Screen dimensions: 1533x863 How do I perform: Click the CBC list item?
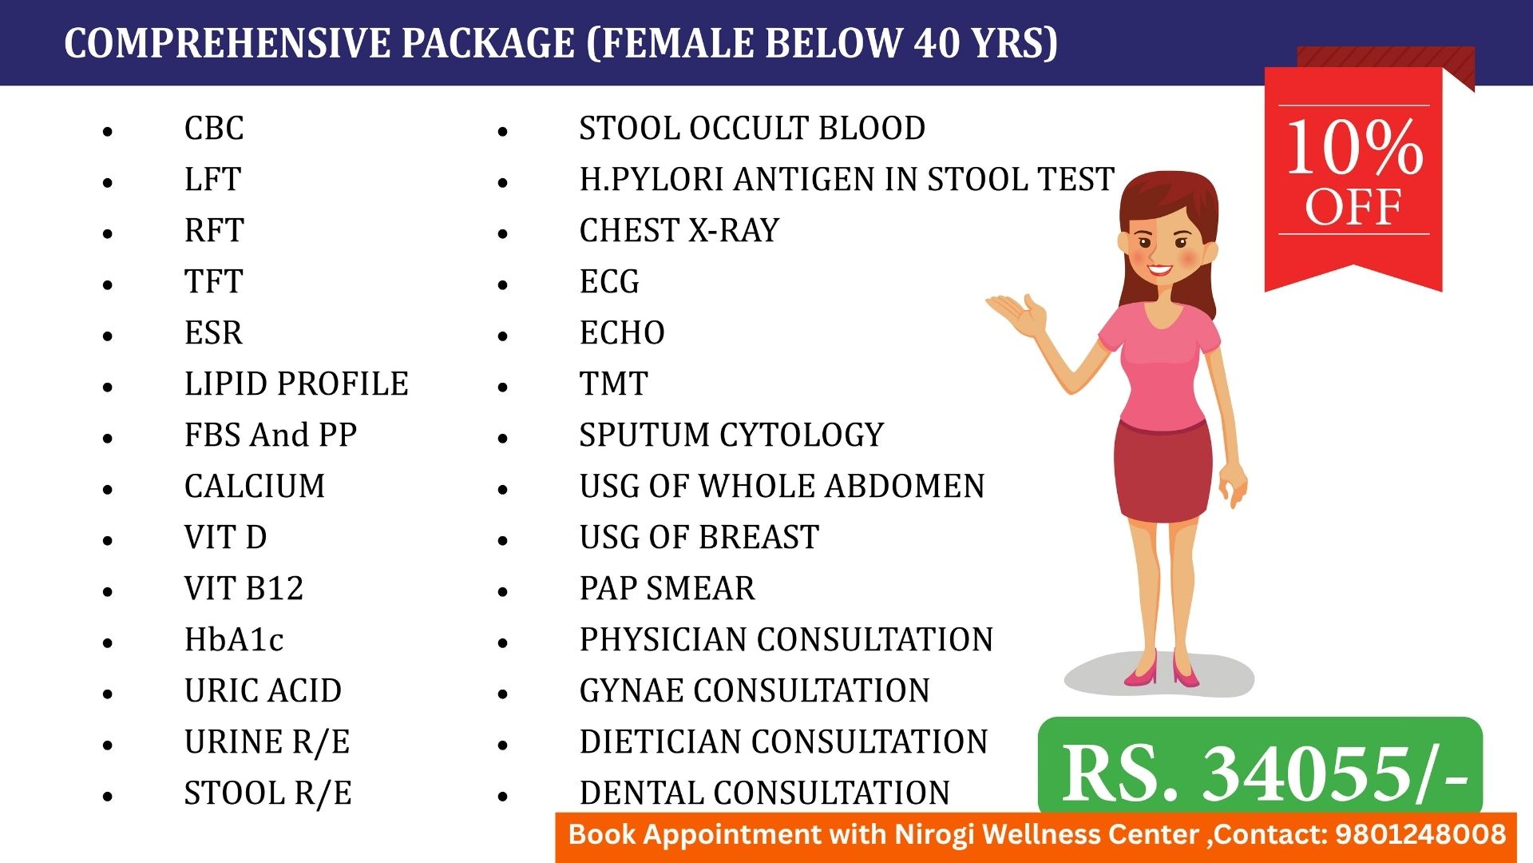pyautogui.click(x=214, y=128)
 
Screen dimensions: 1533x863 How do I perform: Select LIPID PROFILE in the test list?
pyautogui.click(x=296, y=384)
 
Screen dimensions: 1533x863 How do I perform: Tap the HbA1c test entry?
pyautogui.click(x=234, y=639)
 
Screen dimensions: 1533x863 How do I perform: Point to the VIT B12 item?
pyautogui.click(x=244, y=588)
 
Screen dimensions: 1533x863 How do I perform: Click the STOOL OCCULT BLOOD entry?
pyautogui.click(x=752, y=128)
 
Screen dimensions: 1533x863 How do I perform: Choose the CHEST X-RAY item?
pyautogui.click(x=679, y=230)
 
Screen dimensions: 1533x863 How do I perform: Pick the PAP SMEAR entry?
pyautogui.click(x=667, y=588)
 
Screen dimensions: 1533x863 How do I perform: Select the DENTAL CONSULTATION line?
pyautogui.click(x=765, y=793)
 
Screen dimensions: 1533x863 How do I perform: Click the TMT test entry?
pyautogui.click(x=613, y=384)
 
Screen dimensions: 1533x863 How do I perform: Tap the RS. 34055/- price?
pyautogui.click(x=1265, y=774)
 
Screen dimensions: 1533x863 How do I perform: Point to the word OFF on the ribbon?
pyautogui.click(x=1353, y=207)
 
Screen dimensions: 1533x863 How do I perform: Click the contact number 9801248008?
pyautogui.click(x=1420, y=834)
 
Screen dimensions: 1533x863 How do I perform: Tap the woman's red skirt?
pyautogui.click(x=1163, y=471)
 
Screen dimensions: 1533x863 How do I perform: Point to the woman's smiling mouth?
pyautogui.click(x=1160, y=270)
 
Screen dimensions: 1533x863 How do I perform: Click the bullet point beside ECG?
pyautogui.click(x=502, y=284)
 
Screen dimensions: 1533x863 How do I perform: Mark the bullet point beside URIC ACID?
pyautogui.click(x=108, y=694)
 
